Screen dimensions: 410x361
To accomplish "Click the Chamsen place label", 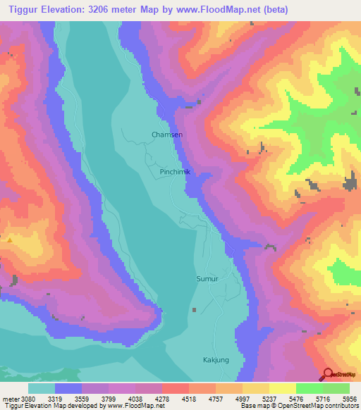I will click(167, 134).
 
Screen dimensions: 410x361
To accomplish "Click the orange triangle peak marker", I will click(10, 240).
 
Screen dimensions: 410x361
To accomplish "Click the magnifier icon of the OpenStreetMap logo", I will click(328, 374).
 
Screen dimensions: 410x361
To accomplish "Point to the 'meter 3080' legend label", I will click(16, 399).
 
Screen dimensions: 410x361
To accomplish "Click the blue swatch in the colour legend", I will click(68, 388).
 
